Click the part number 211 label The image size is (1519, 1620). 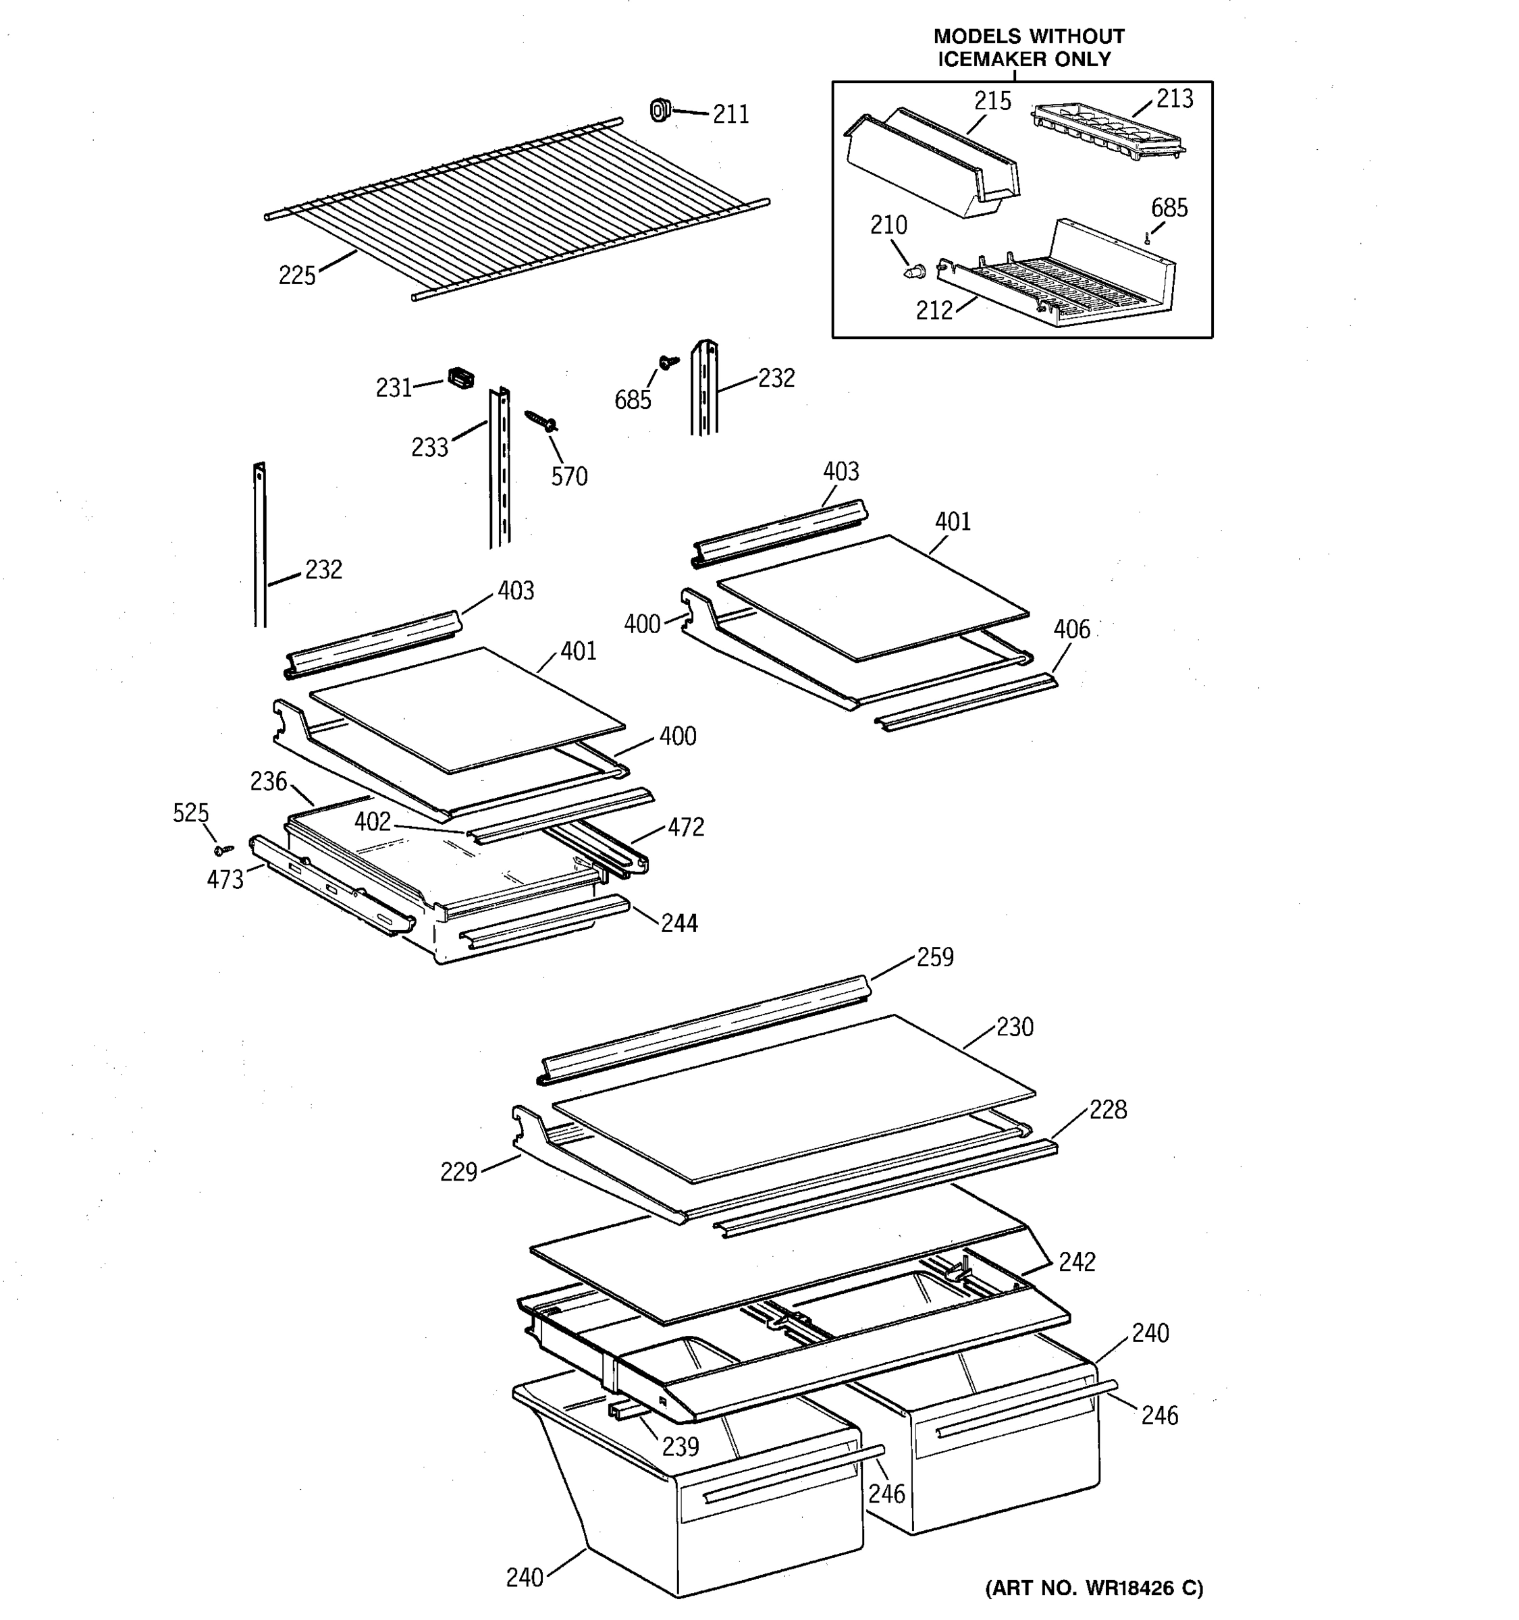tap(730, 115)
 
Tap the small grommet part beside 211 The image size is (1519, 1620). tap(660, 109)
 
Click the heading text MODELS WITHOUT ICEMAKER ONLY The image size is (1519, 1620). tap(1028, 47)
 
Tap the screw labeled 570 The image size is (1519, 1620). tap(540, 421)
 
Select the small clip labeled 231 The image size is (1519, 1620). tap(460, 378)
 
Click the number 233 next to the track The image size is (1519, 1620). tap(429, 448)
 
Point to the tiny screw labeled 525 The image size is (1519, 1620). tap(223, 850)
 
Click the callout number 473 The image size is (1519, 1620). tap(225, 880)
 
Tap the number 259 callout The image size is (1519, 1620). tap(935, 958)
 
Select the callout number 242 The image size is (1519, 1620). tap(1077, 1262)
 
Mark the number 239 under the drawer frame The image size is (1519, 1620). tap(680, 1447)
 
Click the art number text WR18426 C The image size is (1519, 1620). tap(1094, 1588)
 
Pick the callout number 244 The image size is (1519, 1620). tap(678, 923)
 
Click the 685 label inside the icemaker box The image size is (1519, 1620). tap(1169, 209)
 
